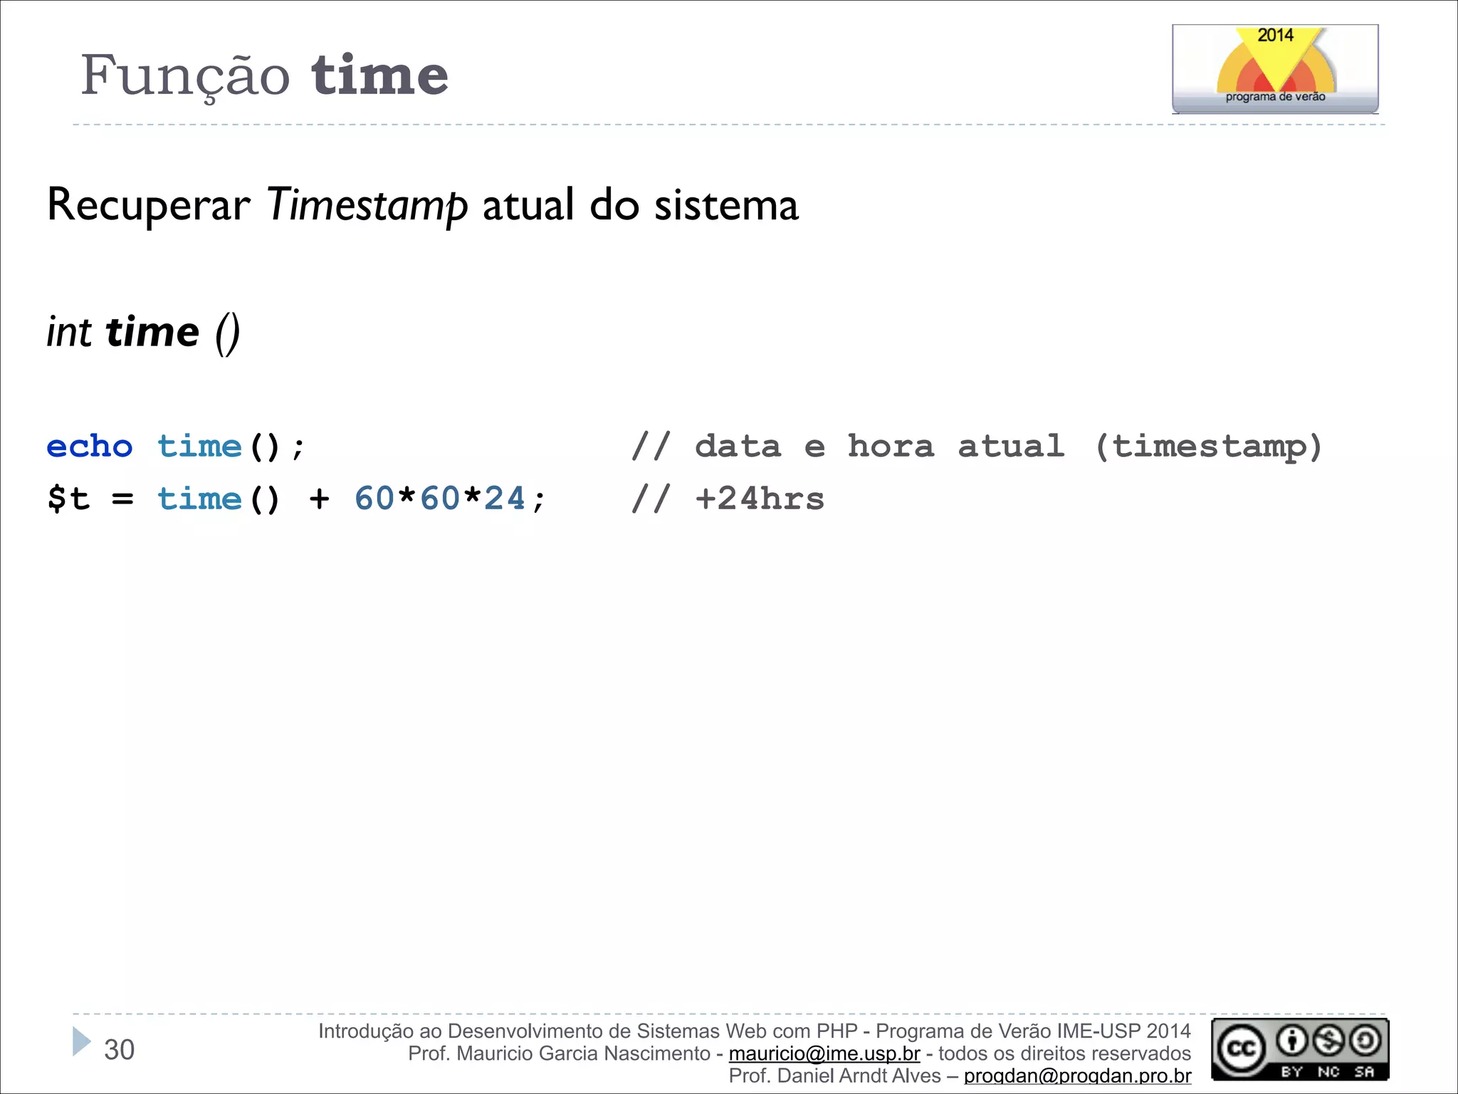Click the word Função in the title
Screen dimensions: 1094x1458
point(185,75)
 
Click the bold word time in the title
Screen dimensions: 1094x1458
point(379,75)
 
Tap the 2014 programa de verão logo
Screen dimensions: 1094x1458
point(1274,69)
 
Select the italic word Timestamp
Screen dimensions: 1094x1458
point(367,206)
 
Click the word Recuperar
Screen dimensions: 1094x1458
point(148,206)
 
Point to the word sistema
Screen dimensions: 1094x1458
point(726,206)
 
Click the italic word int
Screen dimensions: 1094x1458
point(69,333)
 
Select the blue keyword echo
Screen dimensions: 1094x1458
point(90,447)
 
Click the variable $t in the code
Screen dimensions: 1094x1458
point(68,499)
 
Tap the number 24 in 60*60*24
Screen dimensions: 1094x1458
point(505,499)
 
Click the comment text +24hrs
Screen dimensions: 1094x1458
point(760,499)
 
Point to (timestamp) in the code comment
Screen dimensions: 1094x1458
point(1208,447)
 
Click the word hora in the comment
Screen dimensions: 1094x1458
point(891,447)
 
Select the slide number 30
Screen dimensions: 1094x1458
point(119,1050)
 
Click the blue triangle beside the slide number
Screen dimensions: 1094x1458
point(82,1041)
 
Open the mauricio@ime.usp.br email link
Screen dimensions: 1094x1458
point(824,1053)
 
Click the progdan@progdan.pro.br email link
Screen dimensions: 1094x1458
point(1077,1075)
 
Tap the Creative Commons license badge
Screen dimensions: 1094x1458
point(1300,1049)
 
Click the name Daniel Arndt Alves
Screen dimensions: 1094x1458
point(859,1075)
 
